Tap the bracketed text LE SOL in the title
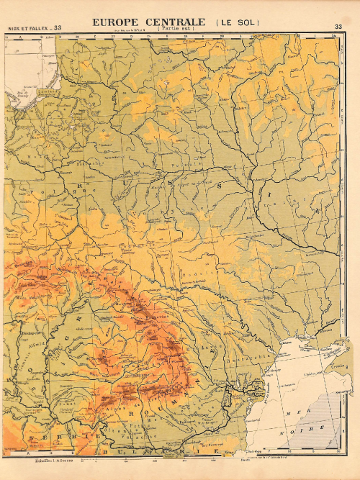point(238,23)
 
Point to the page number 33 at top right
point(338,28)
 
